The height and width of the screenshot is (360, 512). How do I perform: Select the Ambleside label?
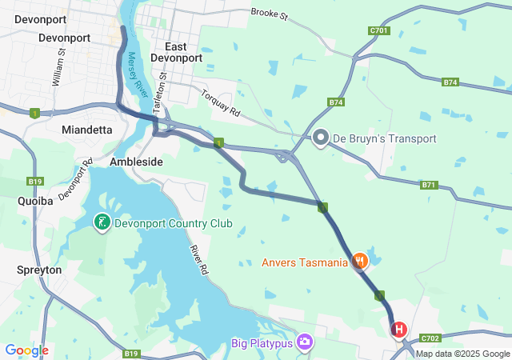coord(136,162)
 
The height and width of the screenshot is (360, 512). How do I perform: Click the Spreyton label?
coord(39,270)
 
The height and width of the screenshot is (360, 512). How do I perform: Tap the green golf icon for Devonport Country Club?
coord(102,221)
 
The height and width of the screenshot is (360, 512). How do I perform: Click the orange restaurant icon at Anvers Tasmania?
coord(360,260)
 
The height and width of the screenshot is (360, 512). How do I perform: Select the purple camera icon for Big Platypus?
coord(304,342)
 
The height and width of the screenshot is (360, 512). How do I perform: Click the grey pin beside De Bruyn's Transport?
coord(321,138)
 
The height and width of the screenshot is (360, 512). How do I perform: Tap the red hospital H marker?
coord(398,329)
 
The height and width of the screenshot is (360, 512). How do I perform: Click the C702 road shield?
coord(430,338)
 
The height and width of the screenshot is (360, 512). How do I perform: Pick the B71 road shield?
coord(430,186)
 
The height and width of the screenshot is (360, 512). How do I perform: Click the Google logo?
coord(27,350)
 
